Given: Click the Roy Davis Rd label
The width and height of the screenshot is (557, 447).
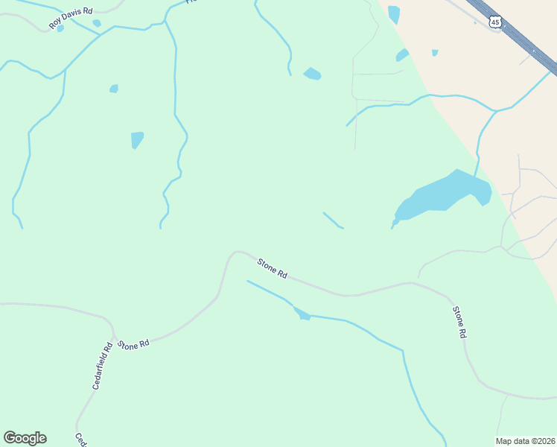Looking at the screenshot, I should click(x=71, y=18).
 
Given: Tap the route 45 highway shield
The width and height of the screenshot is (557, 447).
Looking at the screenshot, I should click(x=495, y=22).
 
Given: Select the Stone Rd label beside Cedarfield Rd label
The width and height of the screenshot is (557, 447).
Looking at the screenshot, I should click(x=134, y=345).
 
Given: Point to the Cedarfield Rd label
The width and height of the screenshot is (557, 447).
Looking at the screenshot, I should click(x=102, y=365).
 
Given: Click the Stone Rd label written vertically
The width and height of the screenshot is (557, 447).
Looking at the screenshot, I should click(x=459, y=322).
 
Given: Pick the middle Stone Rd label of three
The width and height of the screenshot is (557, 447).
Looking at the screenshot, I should click(x=273, y=267).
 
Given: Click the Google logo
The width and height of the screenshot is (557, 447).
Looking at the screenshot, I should click(x=25, y=438).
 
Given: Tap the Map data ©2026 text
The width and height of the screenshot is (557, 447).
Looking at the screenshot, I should click(x=526, y=440).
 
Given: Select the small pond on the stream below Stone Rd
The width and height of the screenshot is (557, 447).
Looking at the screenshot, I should click(x=302, y=314).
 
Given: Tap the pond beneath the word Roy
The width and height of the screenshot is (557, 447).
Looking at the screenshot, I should click(x=60, y=29).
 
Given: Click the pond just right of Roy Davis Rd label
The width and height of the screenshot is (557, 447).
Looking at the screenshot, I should click(x=97, y=23).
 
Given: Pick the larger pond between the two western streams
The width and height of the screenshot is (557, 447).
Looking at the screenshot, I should click(x=137, y=139).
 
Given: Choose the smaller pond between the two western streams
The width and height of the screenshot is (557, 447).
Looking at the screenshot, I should click(x=114, y=89).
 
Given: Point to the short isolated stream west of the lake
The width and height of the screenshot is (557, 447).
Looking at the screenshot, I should click(x=333, y=221).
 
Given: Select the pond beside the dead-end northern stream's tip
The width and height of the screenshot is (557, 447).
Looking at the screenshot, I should click(x=312, y=74).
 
